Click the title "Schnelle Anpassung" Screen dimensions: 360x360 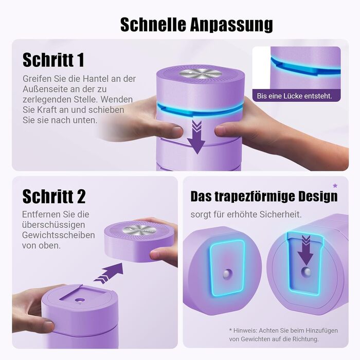(x=196, y=25)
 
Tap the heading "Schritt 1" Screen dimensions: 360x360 (x=53, y=60)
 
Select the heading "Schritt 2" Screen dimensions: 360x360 (x=54, y=196)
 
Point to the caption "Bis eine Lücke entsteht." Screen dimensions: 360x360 (x=295, y=96)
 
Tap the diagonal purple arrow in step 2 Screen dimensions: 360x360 (x=109, y=273)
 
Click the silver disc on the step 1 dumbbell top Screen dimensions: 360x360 (x=201, y=74)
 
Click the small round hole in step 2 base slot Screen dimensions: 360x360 (x=80, y=300)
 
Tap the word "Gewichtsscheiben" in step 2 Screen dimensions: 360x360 (x=58, y=235)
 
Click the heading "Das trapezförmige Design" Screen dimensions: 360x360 (x=264, y=197)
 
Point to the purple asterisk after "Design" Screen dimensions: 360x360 (x=335, y=186)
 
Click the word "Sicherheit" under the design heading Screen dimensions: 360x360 (x=281, y=214)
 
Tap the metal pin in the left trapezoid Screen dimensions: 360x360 (x=227, y=274)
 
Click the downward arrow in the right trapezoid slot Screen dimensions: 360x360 (x=305, y=251)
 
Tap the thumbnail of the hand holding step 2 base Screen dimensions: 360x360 (x=49, y=326)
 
